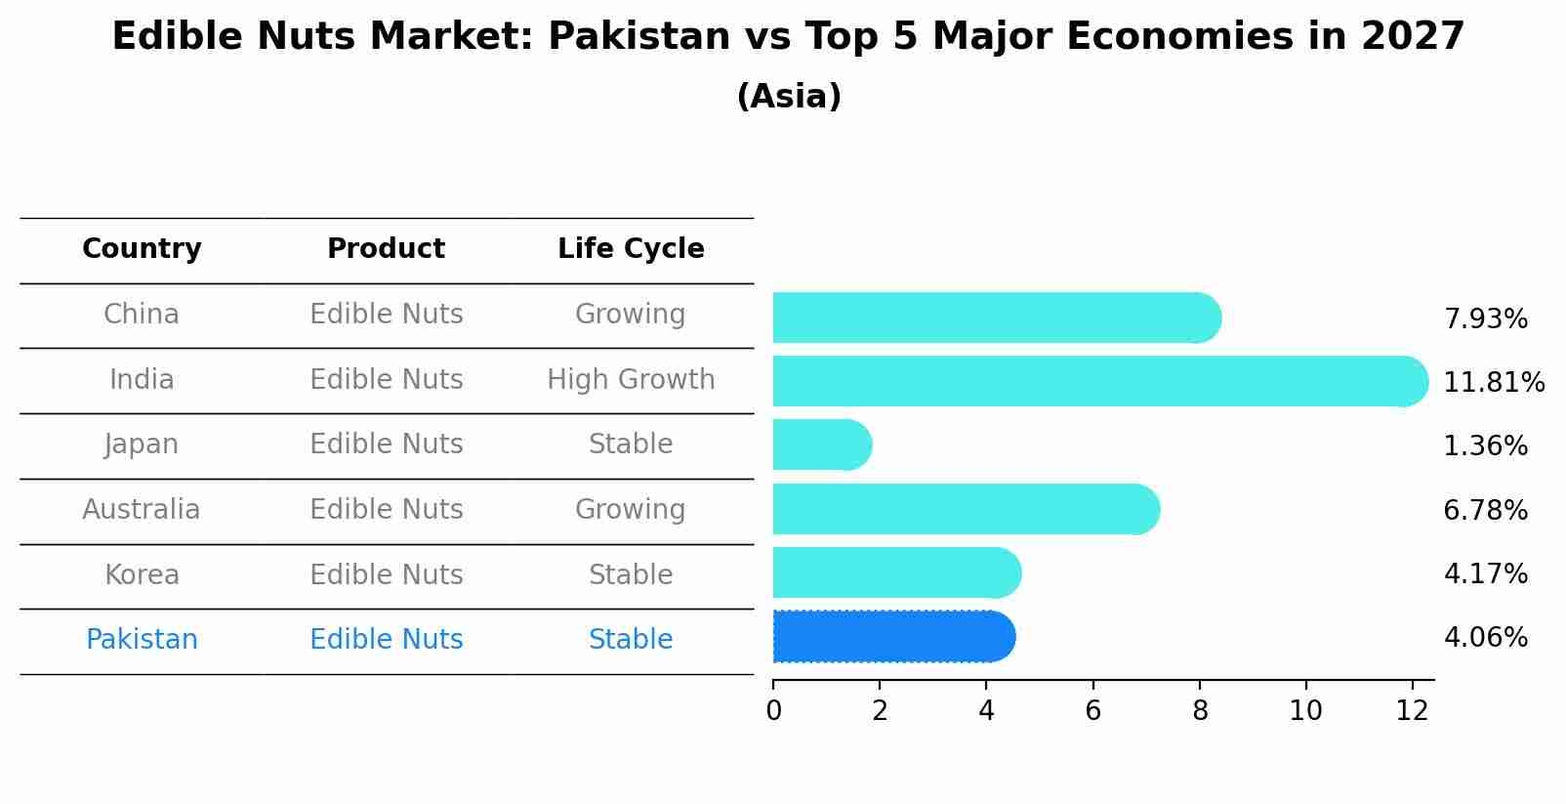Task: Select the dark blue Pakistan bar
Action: click(893, 637)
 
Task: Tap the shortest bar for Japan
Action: click(821, 444)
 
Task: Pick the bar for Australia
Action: click(965, 509)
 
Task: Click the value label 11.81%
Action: click(1493, 382)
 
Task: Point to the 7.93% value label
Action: click(1485, 318)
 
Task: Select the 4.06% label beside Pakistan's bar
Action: click(1485, 638)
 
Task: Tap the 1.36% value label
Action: click(1485, 446)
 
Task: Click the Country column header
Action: click(142, 249)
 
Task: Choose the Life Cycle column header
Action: click(631, 249)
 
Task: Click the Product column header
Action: click(386, 249)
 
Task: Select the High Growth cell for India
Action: click(631, 379)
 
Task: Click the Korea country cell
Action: click(142, 574)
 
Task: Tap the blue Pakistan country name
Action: click(142, 640)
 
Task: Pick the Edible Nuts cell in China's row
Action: click(386, 315)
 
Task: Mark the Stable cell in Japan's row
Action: click(631, 444)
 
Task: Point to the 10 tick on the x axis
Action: click(1305, 711)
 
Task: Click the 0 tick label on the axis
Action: click(773, 711)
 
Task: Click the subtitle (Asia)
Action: click(789, 97)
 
